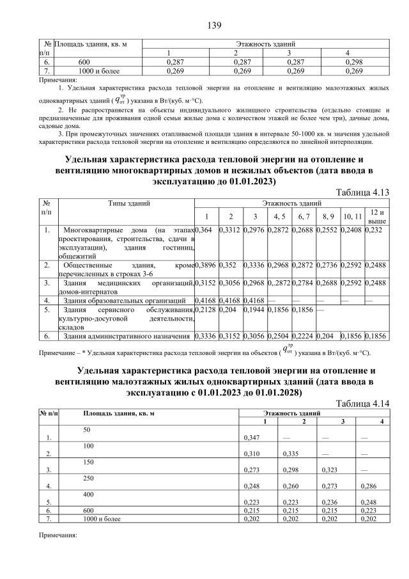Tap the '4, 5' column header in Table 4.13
(x=279, y=216)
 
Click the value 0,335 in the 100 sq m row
(x=291, y=454)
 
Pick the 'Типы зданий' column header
(x=130, y=203)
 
